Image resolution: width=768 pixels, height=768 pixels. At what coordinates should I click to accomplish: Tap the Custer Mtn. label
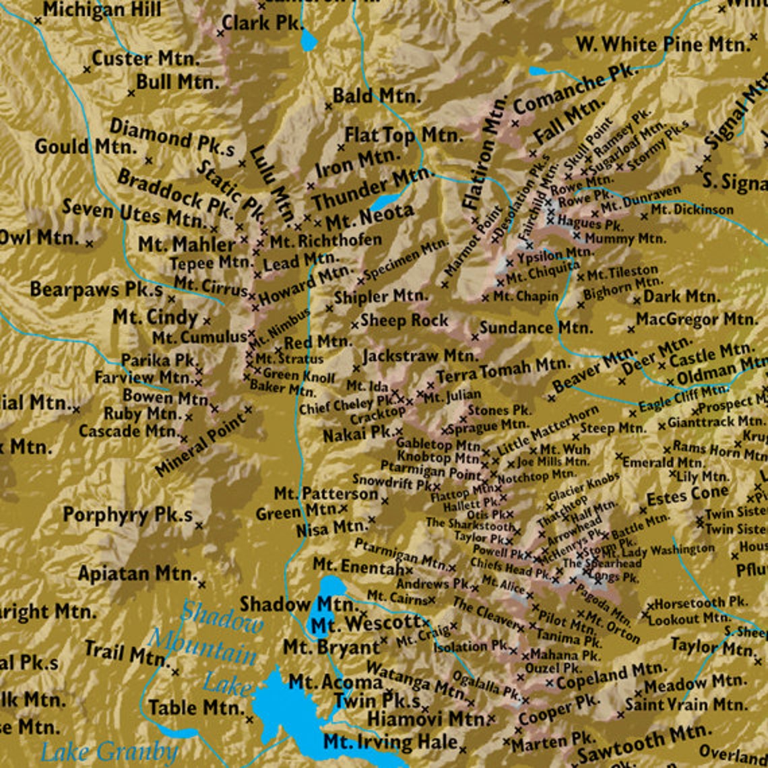pyautogui.click(x=146, y=59)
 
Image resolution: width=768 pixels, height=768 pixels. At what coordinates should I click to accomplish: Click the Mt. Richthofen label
pyautogui.click(x=325, y=240)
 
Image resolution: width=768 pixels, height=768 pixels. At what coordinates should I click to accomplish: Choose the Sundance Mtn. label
pyautogui.click(x=536, y=328)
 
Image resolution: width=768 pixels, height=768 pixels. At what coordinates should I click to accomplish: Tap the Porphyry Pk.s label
pyautogui.click(x=127, y=515)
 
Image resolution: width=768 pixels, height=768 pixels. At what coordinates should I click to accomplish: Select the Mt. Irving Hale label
pyautogui.click(x=390, y=742)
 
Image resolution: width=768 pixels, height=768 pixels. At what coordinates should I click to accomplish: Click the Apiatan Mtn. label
pyautogui.click(x=137, y=574)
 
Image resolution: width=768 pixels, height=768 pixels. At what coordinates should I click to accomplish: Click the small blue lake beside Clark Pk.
pyautogui.click(x=309, y=40)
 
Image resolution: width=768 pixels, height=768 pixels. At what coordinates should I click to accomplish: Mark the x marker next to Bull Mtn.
pyautogui.click(x=131, y=92)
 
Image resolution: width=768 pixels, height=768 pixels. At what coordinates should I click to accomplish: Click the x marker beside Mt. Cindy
pyautogui.click(x=207, y=321)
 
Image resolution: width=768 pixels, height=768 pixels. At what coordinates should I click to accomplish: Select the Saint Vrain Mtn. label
pyautogui.click(x=686, y=705)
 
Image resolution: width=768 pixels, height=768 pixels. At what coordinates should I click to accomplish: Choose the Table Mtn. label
pyautogui.click(x=195, y=708)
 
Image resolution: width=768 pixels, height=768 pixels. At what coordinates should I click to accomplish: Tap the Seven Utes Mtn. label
pyautogui.click(x=133, y=213)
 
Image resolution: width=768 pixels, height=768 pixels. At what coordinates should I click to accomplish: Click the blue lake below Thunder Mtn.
pyautogui.click(x=383, y=201)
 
